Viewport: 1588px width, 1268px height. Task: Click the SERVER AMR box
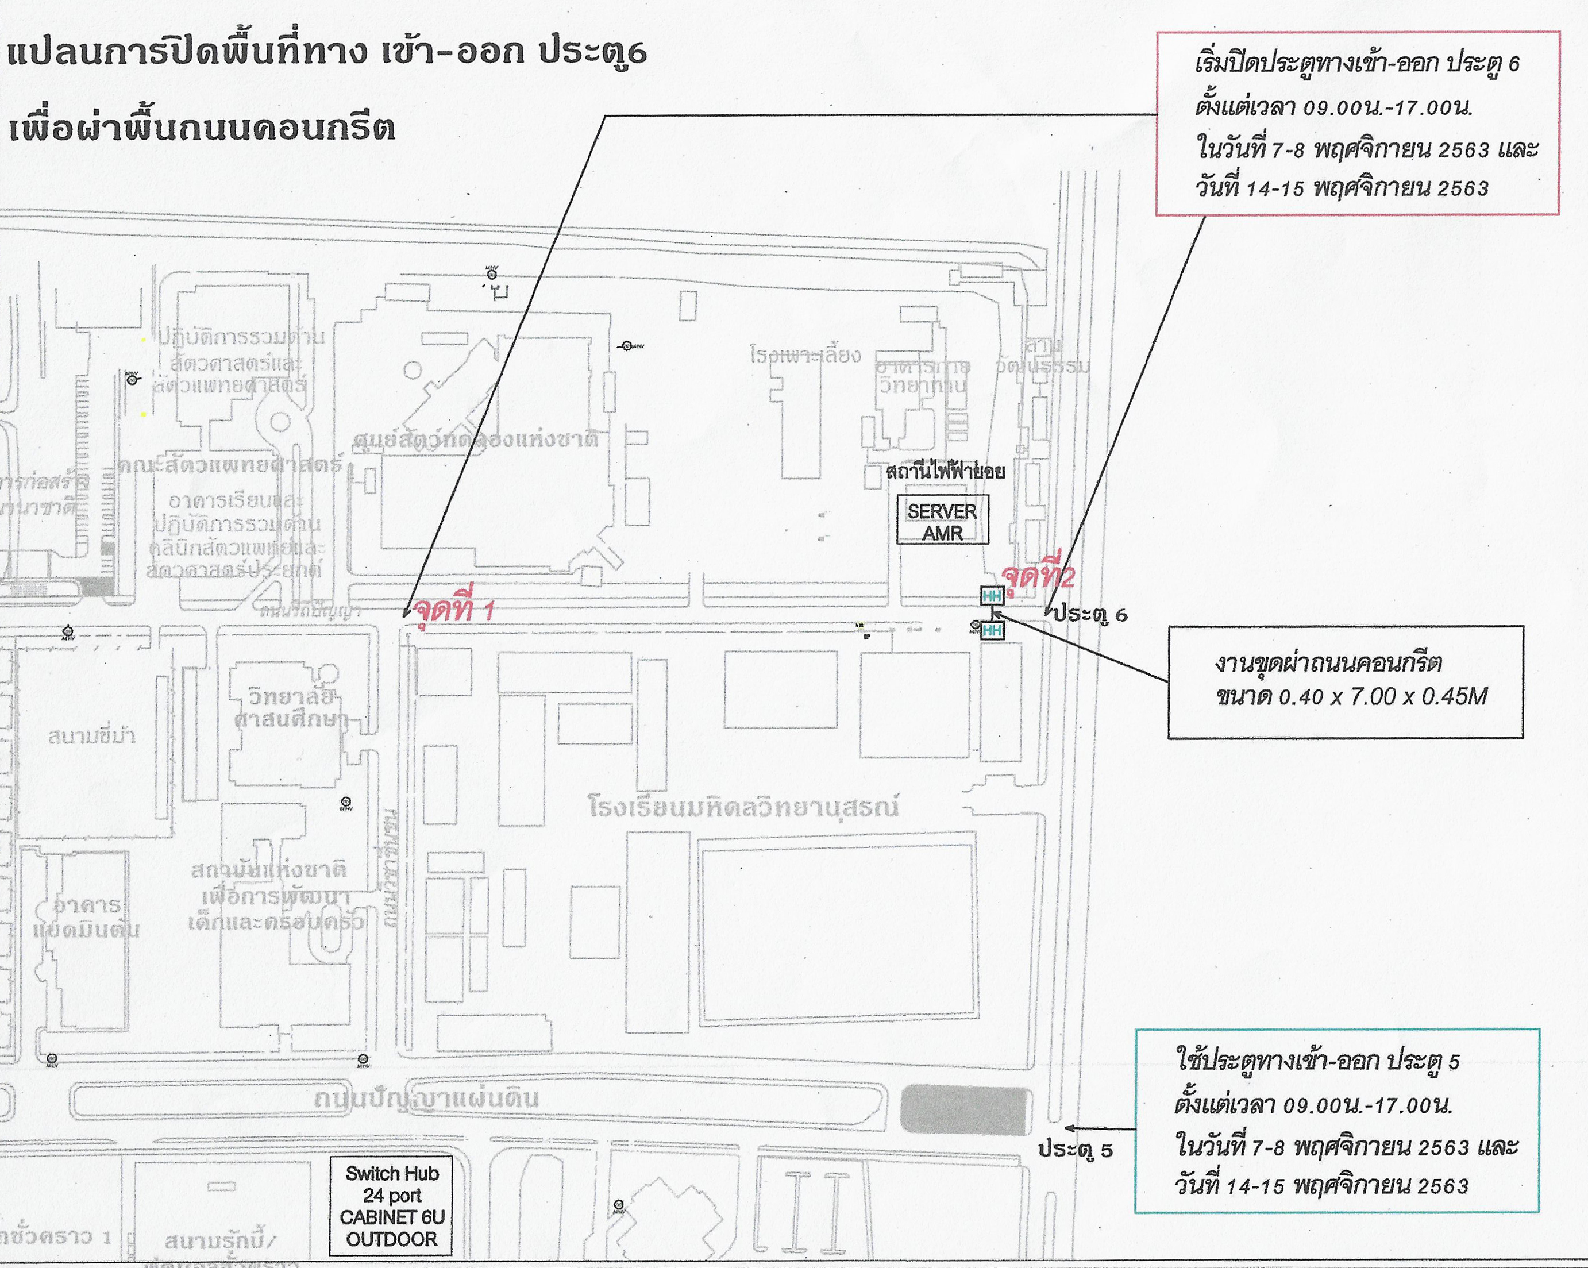click(942, 521)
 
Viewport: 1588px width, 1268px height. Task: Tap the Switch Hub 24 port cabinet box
click(391, 1206)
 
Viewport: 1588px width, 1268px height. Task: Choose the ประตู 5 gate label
click(1076, 1150)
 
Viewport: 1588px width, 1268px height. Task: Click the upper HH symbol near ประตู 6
click(992, 596)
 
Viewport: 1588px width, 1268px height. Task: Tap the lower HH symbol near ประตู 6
click(992, 630)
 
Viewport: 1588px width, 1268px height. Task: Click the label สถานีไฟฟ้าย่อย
click(946, 471)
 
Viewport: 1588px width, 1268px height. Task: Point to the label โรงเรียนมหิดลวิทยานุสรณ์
click(744, 807)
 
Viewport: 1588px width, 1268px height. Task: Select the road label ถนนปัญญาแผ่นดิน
click(427, 1099)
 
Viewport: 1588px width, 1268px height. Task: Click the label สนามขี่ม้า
click(92, 735)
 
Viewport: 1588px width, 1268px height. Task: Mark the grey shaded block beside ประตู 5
click(964, 1109)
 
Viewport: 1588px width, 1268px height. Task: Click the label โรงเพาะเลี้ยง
click(805, 356)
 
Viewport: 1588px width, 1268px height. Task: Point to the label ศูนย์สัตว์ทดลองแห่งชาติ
click(476, 440)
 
